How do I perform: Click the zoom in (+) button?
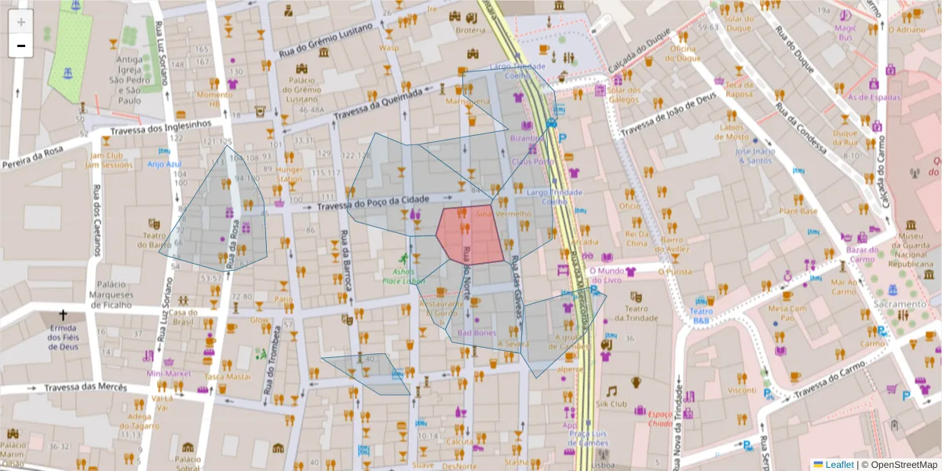20,22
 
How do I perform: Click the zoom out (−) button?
20,46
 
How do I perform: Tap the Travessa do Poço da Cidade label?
373,204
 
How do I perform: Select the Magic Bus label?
845,32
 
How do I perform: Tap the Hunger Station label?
289,173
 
